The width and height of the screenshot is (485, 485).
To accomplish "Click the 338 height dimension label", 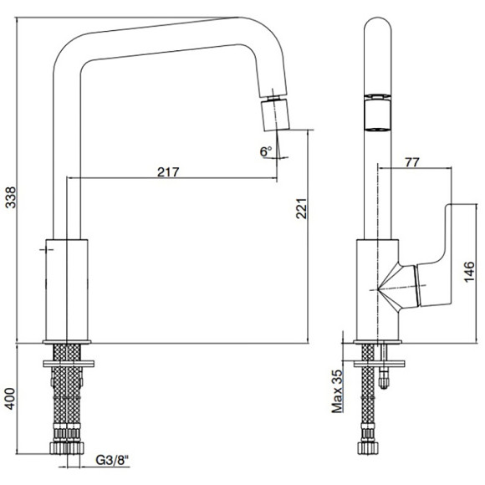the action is (x=11, y=197).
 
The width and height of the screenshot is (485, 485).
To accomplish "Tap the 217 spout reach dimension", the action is (x=168, y=172).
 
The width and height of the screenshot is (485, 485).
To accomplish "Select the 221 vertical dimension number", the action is (x=301, y=208).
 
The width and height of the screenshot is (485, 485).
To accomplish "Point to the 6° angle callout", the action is (x=266, y=151).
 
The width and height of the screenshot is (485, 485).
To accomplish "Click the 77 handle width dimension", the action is (x=412, y=162).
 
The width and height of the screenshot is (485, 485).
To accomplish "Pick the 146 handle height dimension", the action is (x=469, y=272).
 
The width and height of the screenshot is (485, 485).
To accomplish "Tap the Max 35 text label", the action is (x=338, y=391).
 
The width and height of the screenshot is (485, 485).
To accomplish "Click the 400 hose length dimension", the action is (x=11, y=399).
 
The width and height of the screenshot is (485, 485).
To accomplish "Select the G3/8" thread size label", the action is (x=112, y=460).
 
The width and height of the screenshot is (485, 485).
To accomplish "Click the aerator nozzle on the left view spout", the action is (x=275, y=115).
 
